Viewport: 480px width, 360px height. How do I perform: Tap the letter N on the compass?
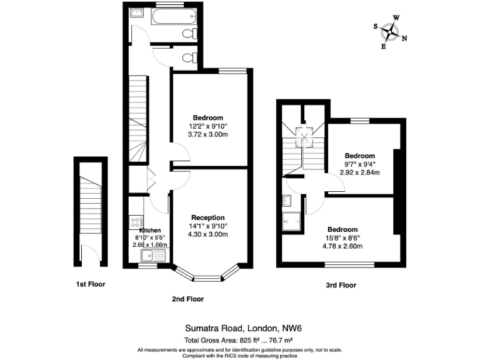404,39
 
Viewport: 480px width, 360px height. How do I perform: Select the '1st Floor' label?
91,284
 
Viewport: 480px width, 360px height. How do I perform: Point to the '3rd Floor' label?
341,285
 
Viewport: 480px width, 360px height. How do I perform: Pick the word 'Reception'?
208,217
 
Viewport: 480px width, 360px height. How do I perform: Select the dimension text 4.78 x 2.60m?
342,246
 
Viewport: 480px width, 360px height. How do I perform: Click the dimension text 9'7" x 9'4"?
359,164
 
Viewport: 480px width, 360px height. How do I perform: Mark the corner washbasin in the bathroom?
137,12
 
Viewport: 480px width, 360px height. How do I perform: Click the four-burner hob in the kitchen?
136,222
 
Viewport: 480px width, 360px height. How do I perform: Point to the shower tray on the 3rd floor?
291,221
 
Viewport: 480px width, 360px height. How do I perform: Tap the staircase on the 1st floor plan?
91,206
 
